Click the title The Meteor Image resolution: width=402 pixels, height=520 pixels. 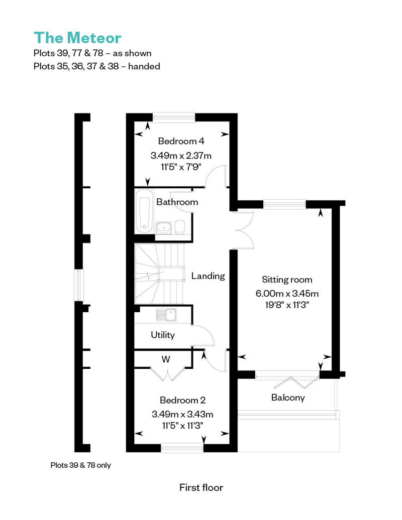(77, 38)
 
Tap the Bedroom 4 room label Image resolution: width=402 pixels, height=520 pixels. (181, 141)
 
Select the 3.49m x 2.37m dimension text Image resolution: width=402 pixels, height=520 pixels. (181, 155)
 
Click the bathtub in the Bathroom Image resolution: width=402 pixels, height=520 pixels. (145, 211)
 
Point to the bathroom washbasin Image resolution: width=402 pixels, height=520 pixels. (163, 227)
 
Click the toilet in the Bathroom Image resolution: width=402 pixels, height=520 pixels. (180, 227)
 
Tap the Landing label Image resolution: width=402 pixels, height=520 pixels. (208, 276)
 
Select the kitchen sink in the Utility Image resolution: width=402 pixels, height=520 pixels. (166, 315)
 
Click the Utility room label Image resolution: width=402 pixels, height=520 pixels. (163, 335)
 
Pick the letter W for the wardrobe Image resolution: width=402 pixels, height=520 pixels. (166, 359)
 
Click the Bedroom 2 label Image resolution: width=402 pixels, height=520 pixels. (182, 400)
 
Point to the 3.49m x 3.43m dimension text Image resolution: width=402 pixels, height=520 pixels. (182, 414)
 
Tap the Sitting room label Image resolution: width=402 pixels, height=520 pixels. (287, 279)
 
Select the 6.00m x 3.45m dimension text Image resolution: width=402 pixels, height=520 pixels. (287, 293)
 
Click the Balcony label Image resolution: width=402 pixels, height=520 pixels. (288, 398)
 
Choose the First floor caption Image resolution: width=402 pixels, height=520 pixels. (201, 487)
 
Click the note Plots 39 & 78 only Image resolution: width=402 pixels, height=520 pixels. (81, 465)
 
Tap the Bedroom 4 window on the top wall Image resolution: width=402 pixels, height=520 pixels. (173, 117)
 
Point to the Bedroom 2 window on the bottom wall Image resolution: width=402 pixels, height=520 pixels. (182, 448)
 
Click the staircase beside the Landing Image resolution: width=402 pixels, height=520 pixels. (159, 274)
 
